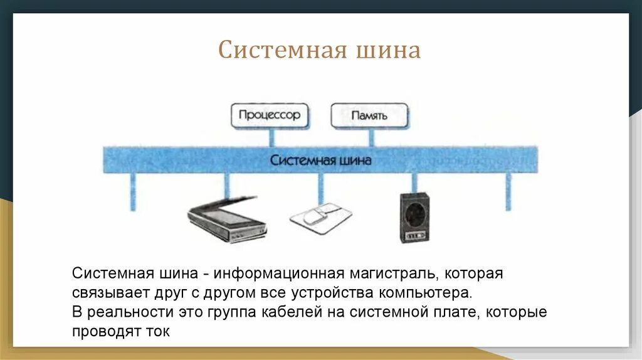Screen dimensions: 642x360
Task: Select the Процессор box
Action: click(x=270, y=116)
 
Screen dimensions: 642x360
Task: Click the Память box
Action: click(x=369, y=116)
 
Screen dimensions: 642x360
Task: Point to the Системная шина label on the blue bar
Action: click(x=320, y=161)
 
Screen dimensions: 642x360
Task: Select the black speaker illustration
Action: click(x=414, y=218)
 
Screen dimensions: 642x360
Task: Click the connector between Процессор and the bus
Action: click(x=271, y=137)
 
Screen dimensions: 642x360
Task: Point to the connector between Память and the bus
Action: click(x=371, y=137)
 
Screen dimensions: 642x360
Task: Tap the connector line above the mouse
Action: click(x=320, y=187)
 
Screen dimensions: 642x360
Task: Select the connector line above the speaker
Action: click(x=414, y=183)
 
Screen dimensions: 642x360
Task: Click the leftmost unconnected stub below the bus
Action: click(x=132, y=191)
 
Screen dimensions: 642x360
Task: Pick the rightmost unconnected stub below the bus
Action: click(x=508, y=191)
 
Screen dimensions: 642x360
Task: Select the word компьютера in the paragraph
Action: click(x=424, y=293)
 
